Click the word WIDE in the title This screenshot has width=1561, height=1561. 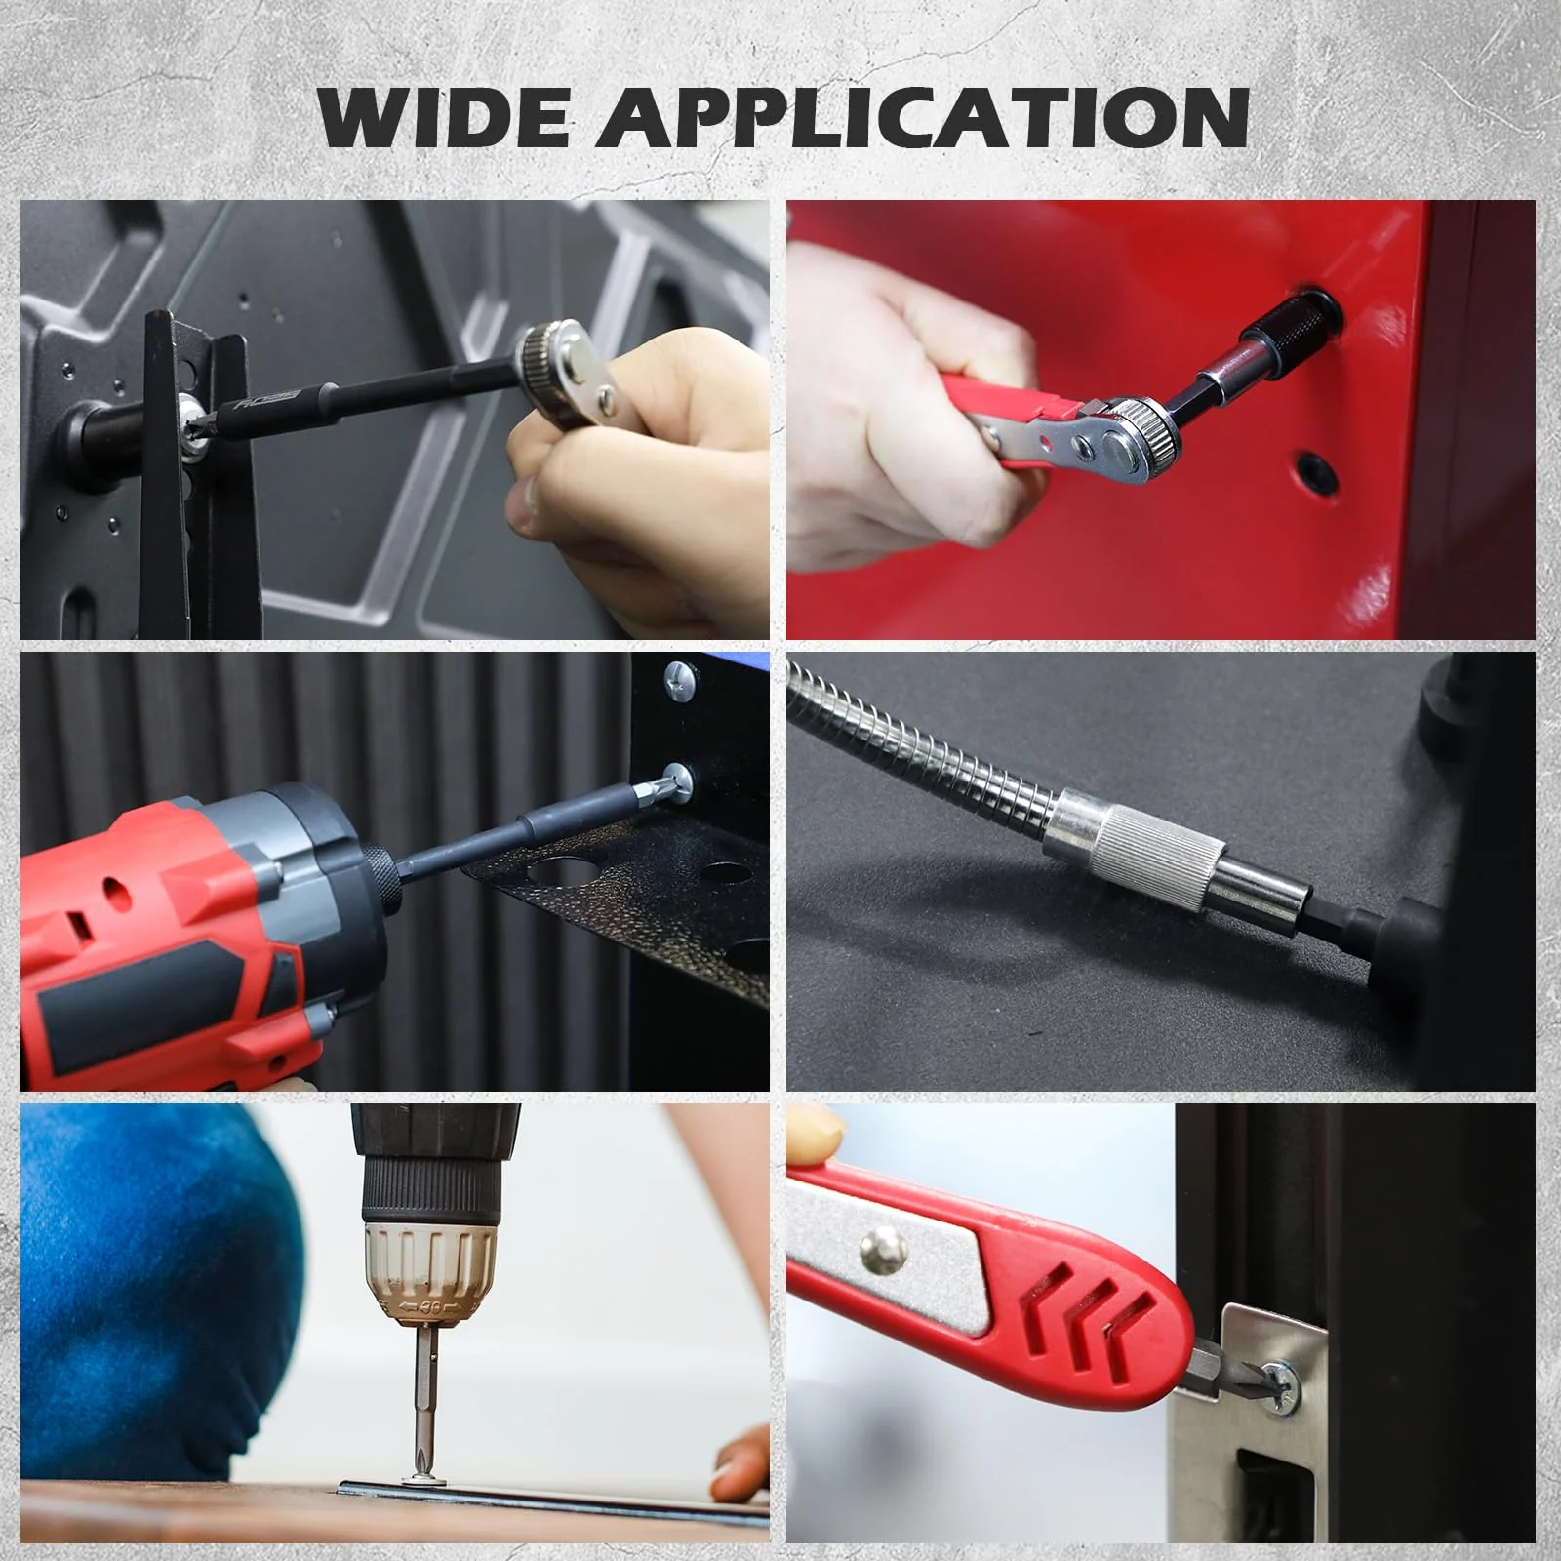(x=444, y=117)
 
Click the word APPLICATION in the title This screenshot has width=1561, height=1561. (x=923, y=117)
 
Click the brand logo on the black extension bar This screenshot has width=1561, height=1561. (x=267, y=403)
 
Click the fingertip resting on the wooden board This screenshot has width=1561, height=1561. (x=742, y=1463)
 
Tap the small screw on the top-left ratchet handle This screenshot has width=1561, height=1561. (x=607, y=396)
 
